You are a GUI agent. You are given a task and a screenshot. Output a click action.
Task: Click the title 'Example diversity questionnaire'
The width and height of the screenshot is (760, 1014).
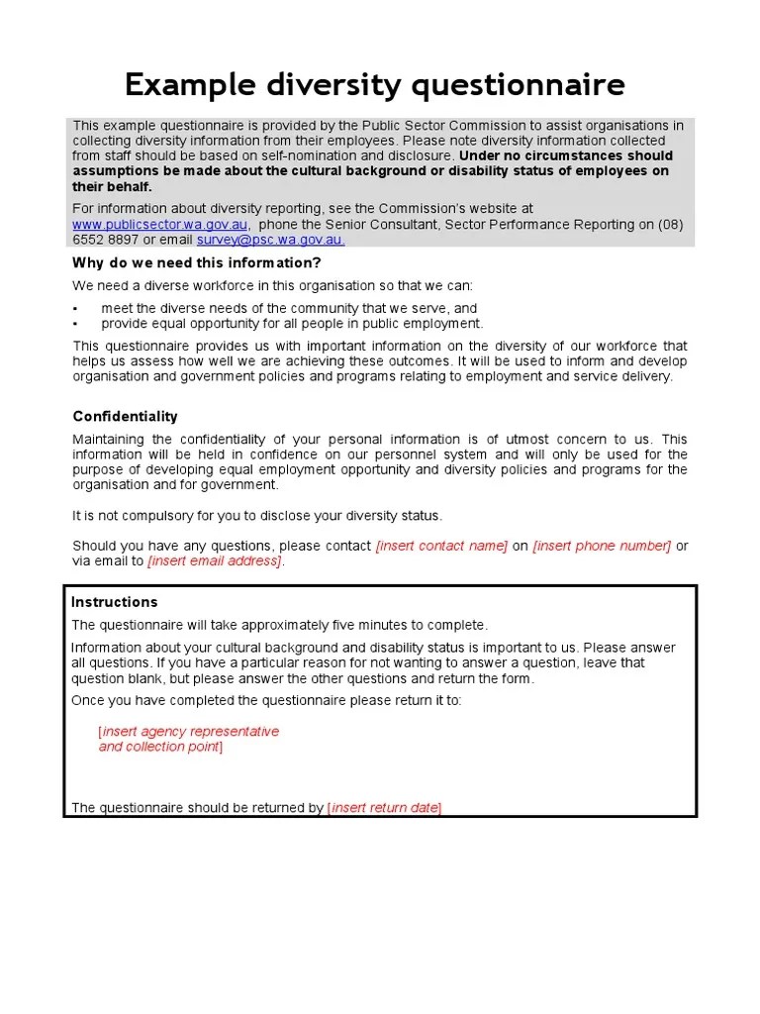coord(374,85)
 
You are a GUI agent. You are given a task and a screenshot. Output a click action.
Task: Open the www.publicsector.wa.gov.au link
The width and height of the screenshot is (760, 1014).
coord(160,225)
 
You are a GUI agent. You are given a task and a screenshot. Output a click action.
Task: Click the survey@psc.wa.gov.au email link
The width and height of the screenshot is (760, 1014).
coord(270,240)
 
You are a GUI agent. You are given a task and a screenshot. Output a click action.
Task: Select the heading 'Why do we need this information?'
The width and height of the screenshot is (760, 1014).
coord(196,262)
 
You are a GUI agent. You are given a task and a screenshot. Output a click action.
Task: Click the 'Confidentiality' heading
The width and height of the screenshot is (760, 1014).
coord(125,417)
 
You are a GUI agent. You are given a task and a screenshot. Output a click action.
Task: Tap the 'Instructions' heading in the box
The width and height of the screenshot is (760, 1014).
coord(114,602)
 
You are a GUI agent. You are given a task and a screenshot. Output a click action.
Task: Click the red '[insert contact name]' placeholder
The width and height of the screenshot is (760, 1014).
coord(441,546)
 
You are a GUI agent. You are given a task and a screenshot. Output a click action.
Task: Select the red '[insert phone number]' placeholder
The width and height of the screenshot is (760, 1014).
coord(602,546)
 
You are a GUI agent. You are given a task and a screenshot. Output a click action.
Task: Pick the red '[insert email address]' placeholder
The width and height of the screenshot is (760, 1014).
coord(215,561)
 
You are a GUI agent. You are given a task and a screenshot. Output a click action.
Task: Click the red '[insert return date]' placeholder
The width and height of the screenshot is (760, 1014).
coord(384,808)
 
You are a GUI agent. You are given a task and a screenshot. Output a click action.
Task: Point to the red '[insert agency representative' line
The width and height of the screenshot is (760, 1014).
coord(189,732)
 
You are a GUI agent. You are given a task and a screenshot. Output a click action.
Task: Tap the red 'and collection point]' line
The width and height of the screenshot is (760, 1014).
coord(160,747)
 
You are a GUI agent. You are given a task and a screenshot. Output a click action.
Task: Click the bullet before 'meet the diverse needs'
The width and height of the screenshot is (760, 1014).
coord(75,309)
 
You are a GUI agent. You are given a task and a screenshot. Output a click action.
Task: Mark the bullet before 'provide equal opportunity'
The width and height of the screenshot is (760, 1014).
coord(75,324)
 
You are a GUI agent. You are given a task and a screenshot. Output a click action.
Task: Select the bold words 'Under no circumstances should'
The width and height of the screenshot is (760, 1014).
coord(566,155)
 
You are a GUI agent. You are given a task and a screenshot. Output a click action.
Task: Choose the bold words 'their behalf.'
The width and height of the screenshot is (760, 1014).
coord(112,186)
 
